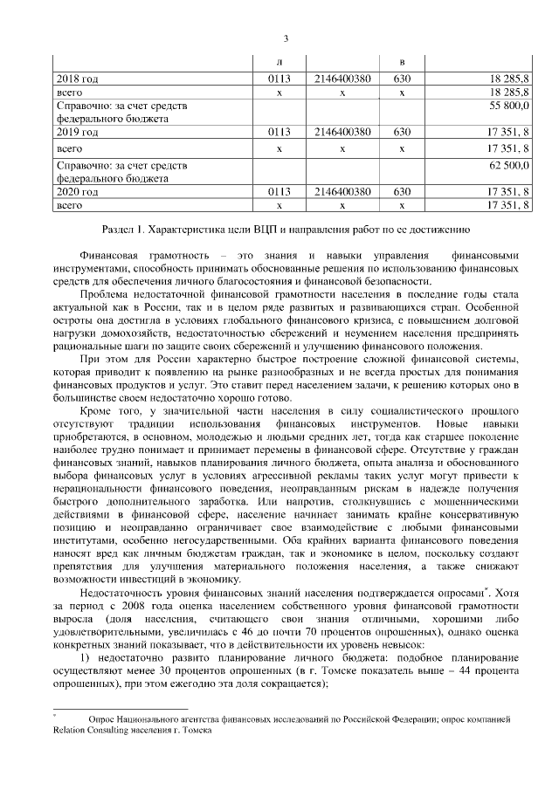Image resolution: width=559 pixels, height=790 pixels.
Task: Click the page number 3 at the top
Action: tap(286, 37)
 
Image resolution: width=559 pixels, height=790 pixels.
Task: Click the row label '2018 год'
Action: tap(77, 79)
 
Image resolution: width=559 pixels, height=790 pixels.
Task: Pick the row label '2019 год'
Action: tap(77, 133)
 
